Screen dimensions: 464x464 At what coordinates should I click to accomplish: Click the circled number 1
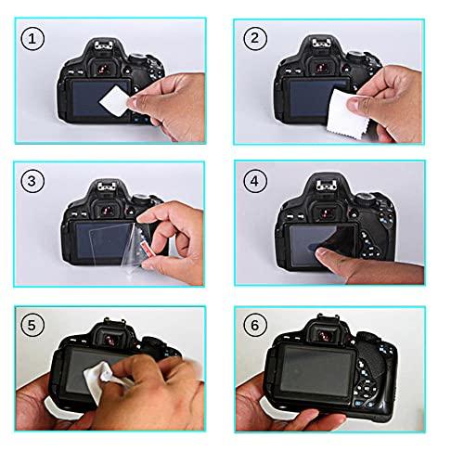[x=32, y=39]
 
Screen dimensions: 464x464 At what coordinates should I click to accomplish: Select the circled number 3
[x=32, y=182]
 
